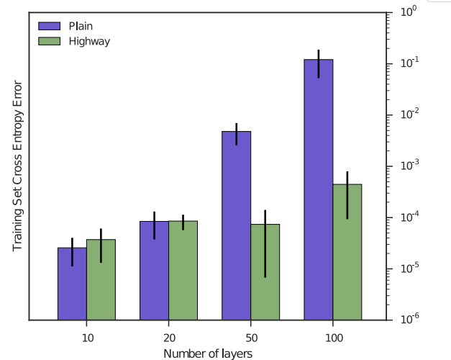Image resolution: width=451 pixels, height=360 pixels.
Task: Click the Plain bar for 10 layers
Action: tap(72, 284)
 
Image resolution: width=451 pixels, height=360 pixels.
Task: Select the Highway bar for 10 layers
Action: tap(101, 279)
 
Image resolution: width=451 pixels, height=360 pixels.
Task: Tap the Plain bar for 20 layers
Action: tap(154, 271)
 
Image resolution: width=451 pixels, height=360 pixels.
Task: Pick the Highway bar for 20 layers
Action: tap(183, 271)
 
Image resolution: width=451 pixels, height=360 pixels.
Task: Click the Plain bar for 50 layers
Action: tap(237, 225)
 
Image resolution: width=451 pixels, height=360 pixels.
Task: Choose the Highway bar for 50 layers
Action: tap(265, 272)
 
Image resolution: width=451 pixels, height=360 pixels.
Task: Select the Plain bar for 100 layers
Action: tap(319, 189)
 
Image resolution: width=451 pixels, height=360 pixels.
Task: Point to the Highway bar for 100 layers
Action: tap(347, 252)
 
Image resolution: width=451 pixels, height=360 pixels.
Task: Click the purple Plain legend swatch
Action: tap(49, 26)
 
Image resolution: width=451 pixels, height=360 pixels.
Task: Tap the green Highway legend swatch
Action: tap(49, 41)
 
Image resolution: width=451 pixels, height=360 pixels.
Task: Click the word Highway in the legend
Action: tap(89, 42)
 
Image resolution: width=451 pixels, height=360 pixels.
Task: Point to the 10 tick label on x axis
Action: tap(88, 338)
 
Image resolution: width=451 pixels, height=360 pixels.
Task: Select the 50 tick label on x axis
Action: tap(252, 338)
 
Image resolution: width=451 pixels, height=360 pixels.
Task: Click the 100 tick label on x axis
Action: tap(334, 338)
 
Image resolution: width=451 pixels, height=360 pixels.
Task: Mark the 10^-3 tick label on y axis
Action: tap(409, 166)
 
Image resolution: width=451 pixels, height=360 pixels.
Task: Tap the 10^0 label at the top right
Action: tap(409, 12)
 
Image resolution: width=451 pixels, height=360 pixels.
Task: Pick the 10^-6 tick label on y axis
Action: tap(409, 319)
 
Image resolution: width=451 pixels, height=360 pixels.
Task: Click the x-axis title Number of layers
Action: tap(208, 354)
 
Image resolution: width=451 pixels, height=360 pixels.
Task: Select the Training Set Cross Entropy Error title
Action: tap(17, 166)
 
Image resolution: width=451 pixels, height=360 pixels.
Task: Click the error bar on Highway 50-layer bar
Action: tap(265, 244)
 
